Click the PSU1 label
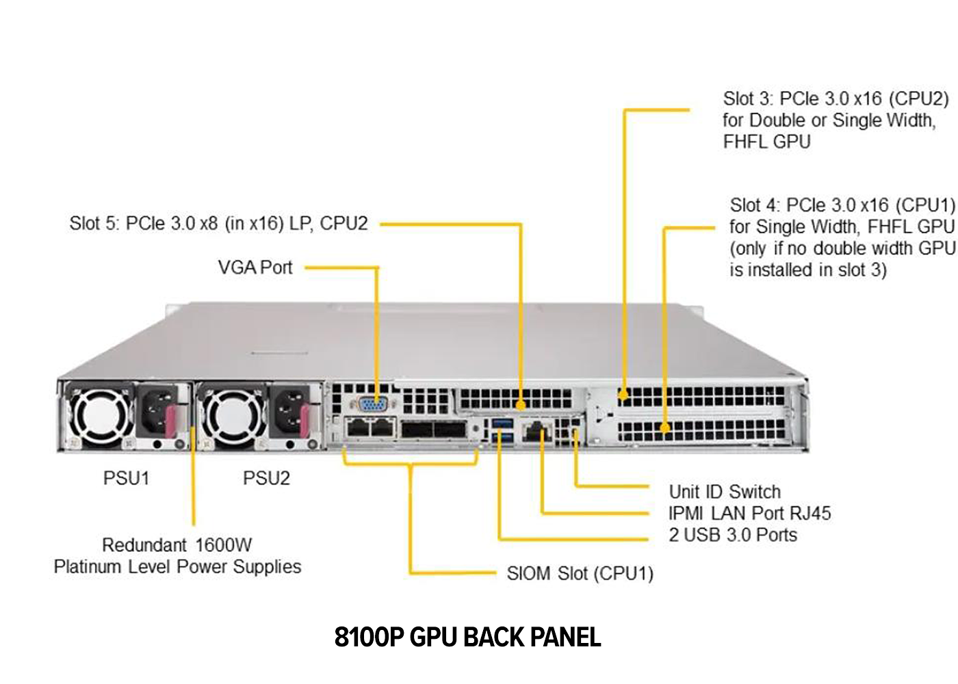[x=127, y=478]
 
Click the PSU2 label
[x=266, y=478]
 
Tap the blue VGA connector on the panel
[x=374, y=404]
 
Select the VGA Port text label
[x=255, y=267]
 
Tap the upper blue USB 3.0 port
[x=502, y=423]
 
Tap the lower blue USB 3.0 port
[x=502, y=438]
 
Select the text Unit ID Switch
[x=725, y=492]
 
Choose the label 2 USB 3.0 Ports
[x=733, y=535]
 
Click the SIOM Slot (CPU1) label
[x=580, y=573]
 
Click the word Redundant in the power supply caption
[x=144, y=545]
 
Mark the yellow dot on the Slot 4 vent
[x=664, y=428]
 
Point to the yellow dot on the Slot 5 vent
[x=521, y=405]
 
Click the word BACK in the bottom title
[x=494, y=637]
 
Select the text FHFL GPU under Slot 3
[x=767, y=142]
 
